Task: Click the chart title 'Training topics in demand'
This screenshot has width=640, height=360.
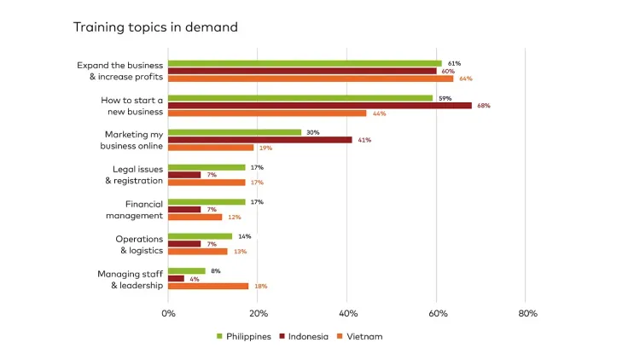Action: (x=155, y=27)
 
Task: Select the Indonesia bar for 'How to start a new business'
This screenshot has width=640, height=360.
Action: (x=319, y=106)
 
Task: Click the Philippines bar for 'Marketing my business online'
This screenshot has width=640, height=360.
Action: (x=235, y=132)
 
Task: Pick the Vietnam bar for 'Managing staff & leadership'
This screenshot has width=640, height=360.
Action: (x=208, y=287)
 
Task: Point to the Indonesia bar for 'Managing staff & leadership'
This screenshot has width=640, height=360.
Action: (x=176, y=279)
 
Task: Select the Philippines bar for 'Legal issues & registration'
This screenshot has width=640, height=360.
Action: (x=207, y=167)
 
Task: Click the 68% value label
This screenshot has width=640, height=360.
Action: (x=484, y=106)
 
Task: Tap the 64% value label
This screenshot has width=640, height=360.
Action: (x=466, y=78)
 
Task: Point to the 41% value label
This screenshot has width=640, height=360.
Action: (x=364, y=140)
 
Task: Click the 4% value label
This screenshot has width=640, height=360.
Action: (x=195, y=279)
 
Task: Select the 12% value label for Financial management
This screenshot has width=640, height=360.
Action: (x=235, y=218)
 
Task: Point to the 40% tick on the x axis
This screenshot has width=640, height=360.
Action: (x=348, y=314)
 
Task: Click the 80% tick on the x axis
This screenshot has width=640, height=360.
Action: (x=527, y=314)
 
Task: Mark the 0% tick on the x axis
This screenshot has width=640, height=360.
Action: (x=168, y=314)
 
